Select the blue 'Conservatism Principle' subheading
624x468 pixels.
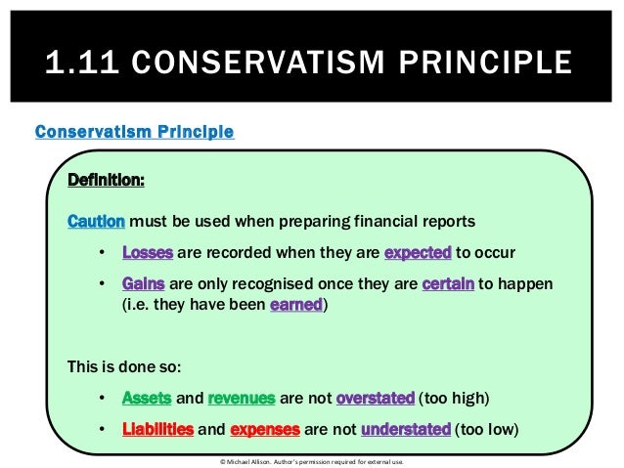(x=134, y=131)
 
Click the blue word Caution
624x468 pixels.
(x=95, y=220)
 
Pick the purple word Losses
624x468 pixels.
(x=148, y=252)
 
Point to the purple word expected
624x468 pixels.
(x=418, y=252)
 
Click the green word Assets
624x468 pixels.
(x=147, y=399)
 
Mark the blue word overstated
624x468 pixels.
(x=375, y=399)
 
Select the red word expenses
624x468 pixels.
(x=272, y=430)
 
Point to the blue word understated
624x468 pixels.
(x=406, y=430)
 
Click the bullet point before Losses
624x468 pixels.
(x=103, y=253)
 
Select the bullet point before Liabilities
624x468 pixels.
(x=103, y=431)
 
